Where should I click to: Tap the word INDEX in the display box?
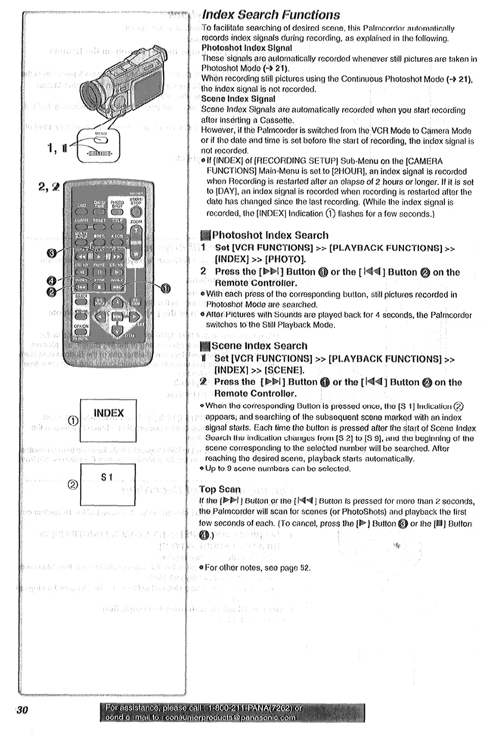[109, 413]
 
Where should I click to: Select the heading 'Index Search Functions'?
[270, 14]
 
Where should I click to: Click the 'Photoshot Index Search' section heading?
[270, 235]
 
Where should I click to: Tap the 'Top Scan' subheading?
[219, 489]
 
